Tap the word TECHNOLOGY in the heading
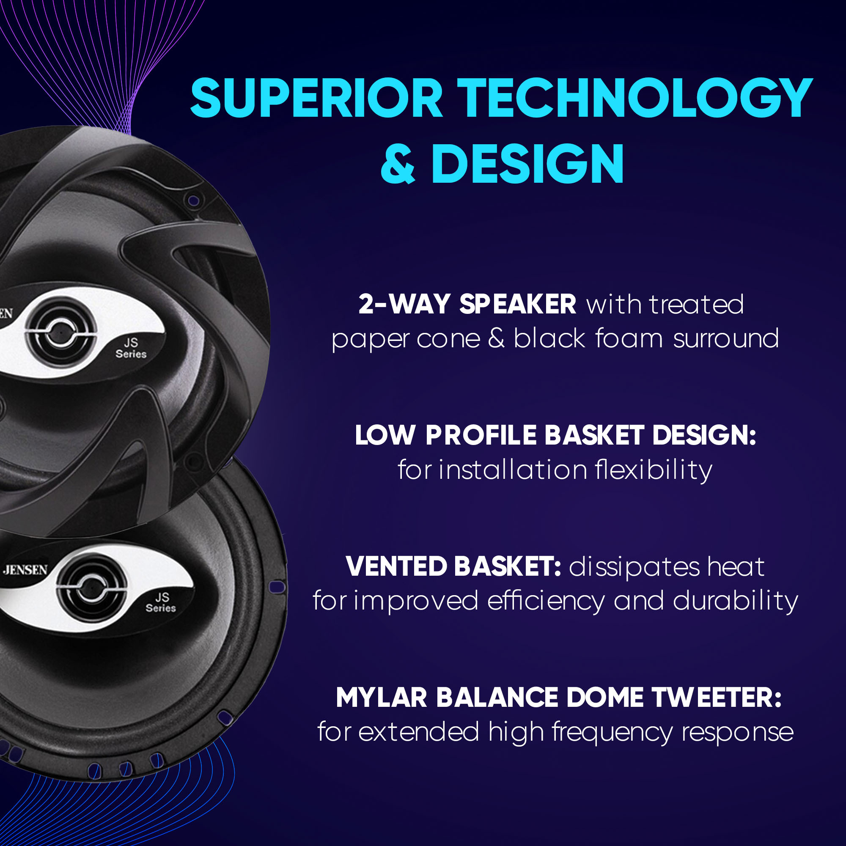(635, 98)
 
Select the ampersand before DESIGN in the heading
(398, 164)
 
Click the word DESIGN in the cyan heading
(527, 164)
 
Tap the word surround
(726, 338)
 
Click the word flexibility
(654, 470)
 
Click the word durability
(736, 601)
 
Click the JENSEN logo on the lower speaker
(25, 570)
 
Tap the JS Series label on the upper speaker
(131, 348)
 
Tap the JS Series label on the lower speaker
(161, 602)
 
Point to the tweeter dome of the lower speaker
(91, 588)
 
